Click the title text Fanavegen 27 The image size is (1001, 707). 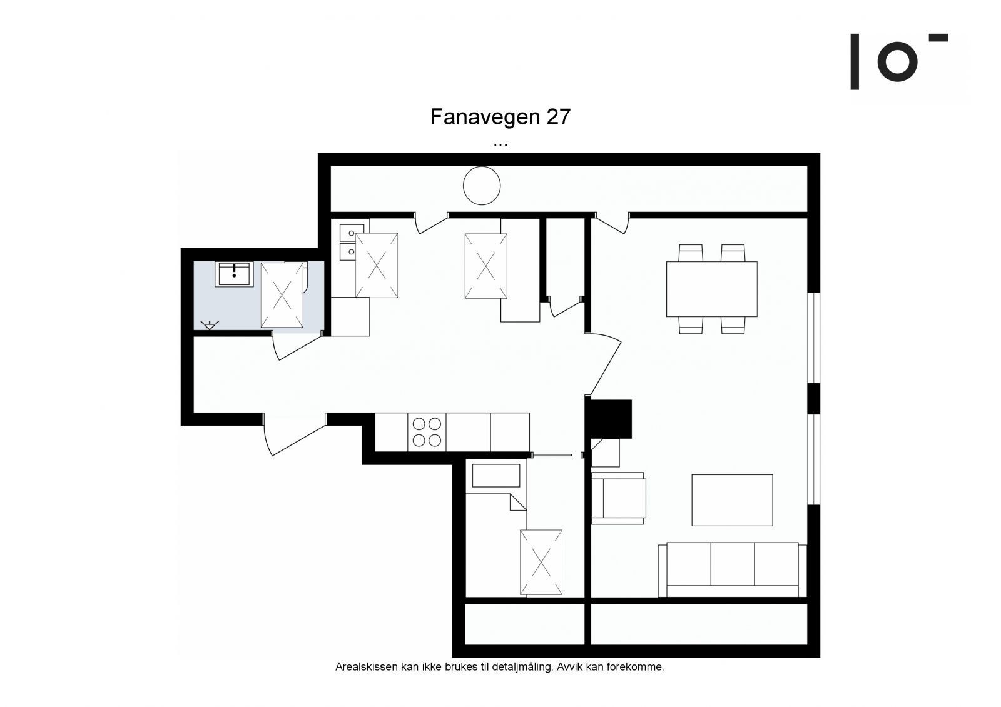(500, 116)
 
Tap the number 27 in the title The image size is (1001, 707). (557, 116)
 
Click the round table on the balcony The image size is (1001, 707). (481, 186)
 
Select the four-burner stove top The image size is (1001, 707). (427, 432)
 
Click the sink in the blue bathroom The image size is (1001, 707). (234, 274)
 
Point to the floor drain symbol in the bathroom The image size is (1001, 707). (210, 325)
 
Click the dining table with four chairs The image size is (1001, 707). (711, 289)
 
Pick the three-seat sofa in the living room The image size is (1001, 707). (732, 570)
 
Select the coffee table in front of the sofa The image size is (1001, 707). (732, 500)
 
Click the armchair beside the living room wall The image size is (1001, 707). (619, 498)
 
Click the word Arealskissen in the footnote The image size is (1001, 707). (367, 667)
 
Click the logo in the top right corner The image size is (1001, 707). (898, 61)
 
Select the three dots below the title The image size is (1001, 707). (500, 144)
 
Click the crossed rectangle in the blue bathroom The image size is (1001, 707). (282, 295)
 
